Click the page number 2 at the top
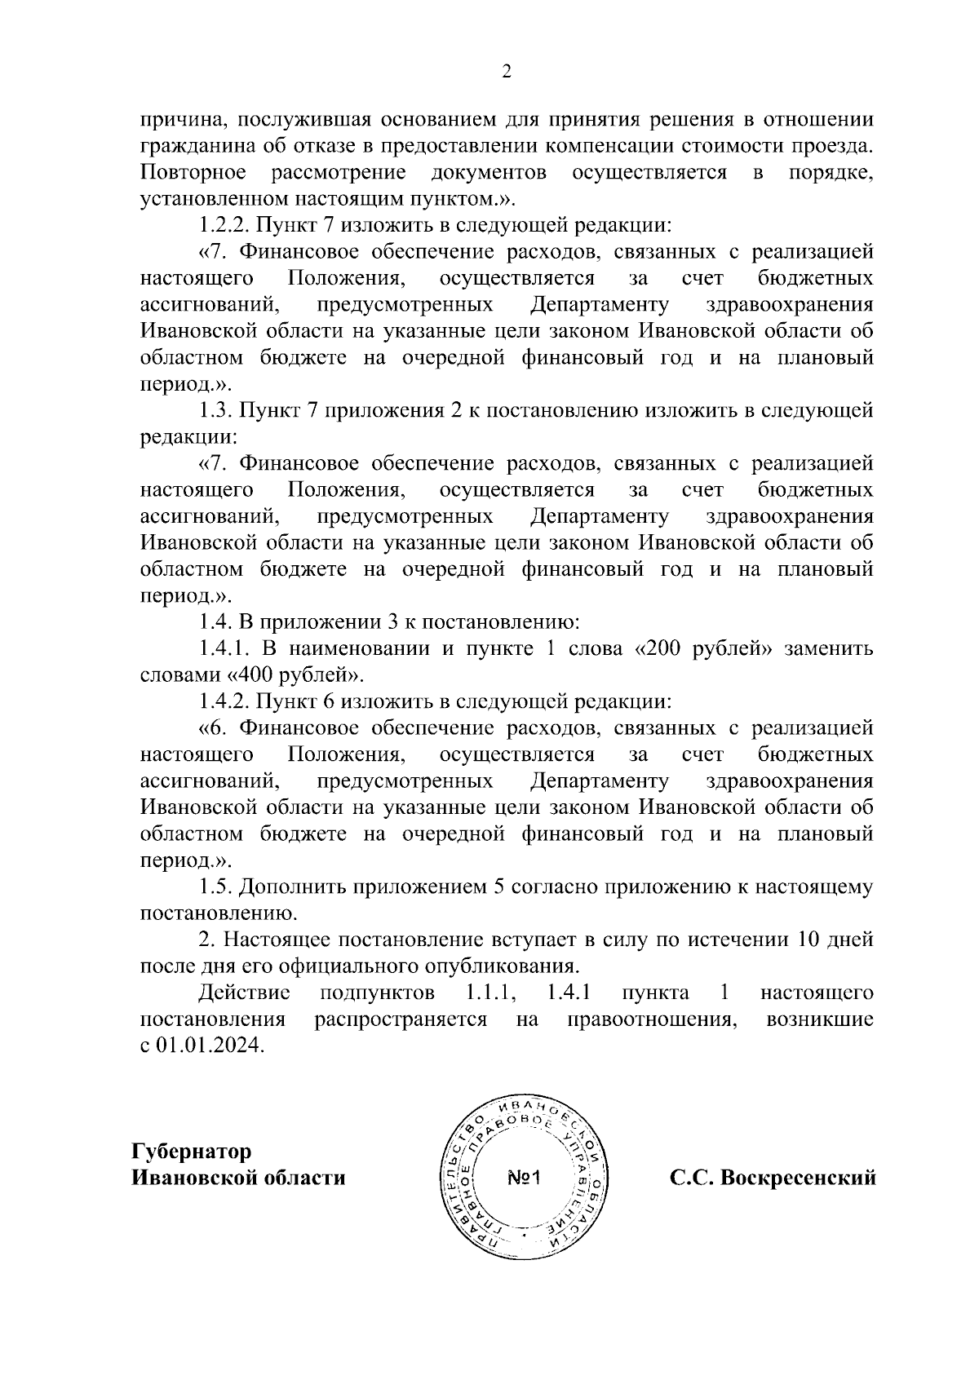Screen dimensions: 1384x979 (506, 73)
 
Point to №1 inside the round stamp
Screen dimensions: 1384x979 (525, 1178)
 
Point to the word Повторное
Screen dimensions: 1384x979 (193, 172)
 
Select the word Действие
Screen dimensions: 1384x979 (245, 993)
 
